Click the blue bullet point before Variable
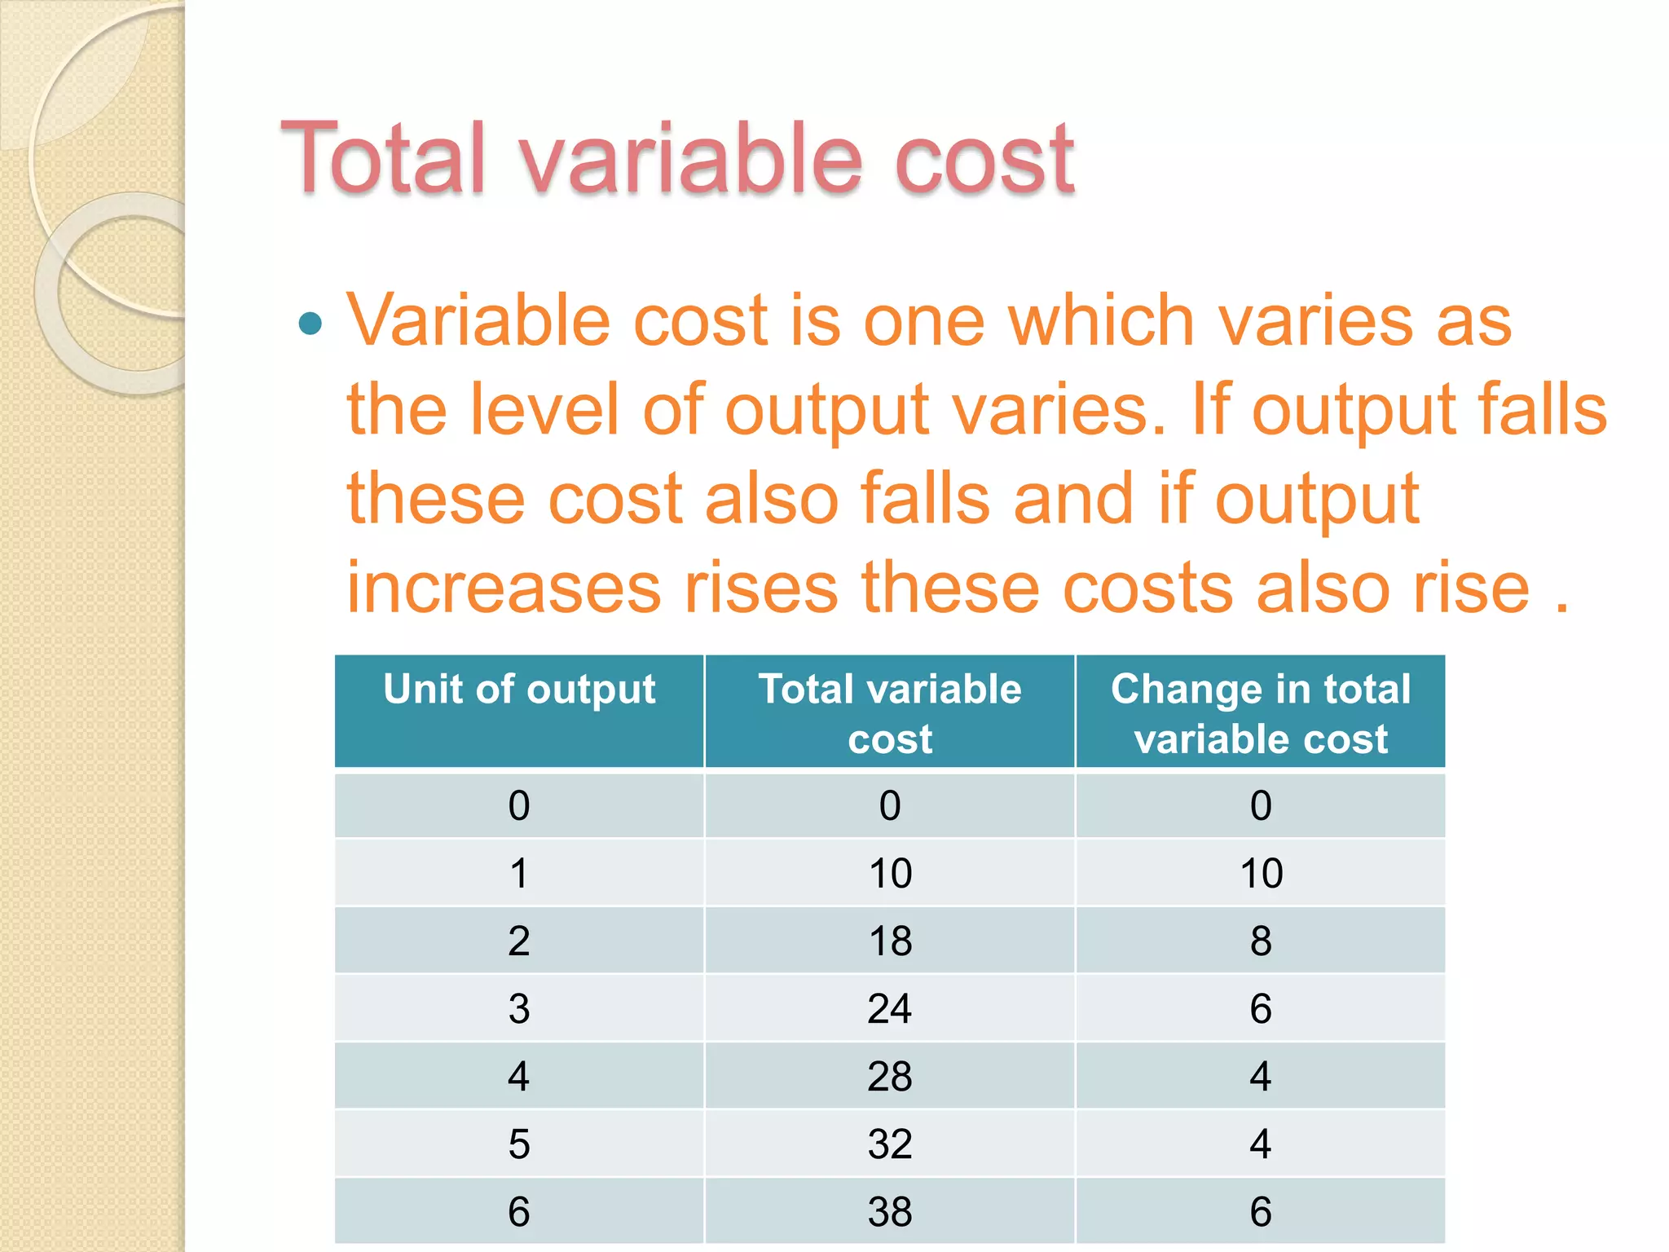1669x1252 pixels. pos(310,324)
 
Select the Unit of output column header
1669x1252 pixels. pos(519,690)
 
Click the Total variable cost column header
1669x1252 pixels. pos(890,712)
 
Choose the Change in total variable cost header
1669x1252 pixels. pos(1261,712)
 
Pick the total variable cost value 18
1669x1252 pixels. pos(890,941)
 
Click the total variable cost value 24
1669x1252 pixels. pos(890,1008)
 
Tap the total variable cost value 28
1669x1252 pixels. pos(890,1076)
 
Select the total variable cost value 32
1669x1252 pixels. pos(890,1144)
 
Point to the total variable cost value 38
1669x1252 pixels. pos(890,1211)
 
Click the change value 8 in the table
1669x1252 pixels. pos(1261,941)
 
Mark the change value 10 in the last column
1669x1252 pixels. pos(1261,873)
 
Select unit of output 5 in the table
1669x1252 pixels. pos(519,1144)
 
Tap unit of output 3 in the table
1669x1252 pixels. pos(519,1008)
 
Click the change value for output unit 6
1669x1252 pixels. pos(1261,1211)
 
